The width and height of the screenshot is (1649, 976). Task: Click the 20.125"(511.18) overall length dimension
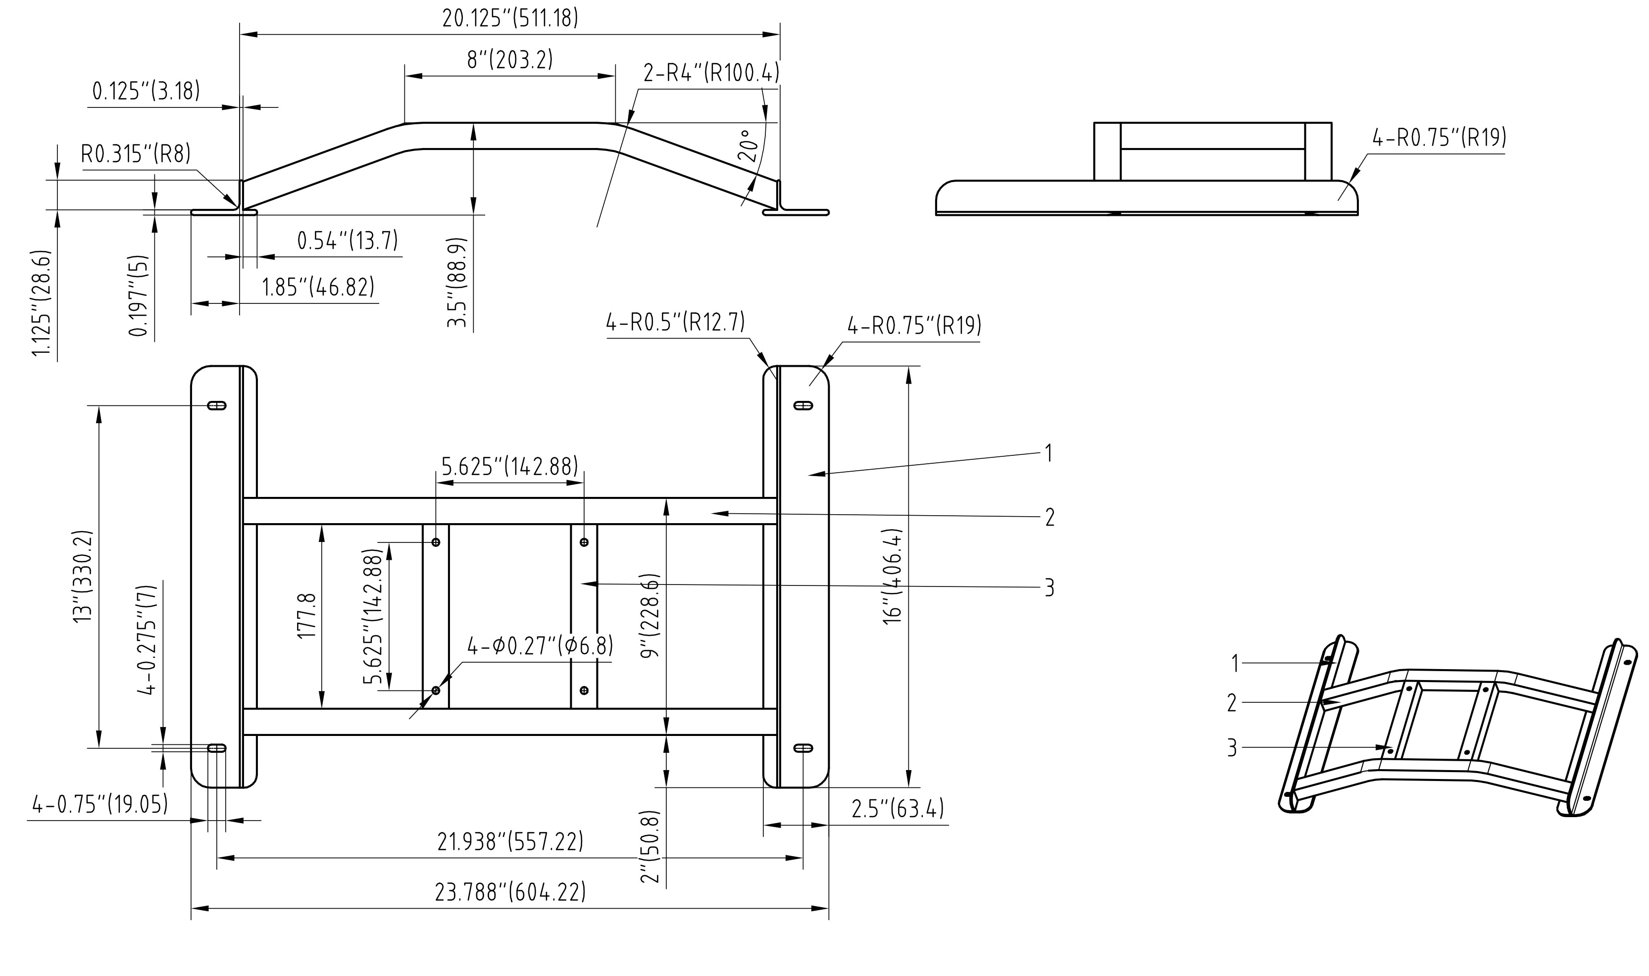(510, 18)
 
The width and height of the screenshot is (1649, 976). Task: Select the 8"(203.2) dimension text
(510, 60)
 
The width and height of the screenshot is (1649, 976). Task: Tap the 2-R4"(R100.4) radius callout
(710, 72)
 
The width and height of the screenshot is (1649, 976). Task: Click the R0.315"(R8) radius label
(136, 154)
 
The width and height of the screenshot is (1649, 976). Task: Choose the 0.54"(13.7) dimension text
(348, 241)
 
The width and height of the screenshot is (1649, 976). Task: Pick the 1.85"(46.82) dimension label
(318, 288)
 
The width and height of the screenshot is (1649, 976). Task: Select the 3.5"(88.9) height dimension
(456, 283)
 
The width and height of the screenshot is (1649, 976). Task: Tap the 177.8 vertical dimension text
(307, 616)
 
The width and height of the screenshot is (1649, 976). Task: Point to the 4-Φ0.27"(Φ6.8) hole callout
(540, 646)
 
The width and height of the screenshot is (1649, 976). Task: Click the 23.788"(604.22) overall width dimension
(510, 892)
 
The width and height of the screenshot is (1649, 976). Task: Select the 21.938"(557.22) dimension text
(510, 842)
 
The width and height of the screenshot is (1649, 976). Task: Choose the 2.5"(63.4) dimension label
(897, 808)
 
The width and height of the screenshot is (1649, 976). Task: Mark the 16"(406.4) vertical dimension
(893, 576)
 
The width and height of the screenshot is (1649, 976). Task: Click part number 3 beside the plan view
(1049, 587)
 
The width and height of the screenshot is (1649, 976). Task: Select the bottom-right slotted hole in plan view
(803, 748)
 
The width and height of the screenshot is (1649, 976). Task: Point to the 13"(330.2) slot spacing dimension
(84, 576)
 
